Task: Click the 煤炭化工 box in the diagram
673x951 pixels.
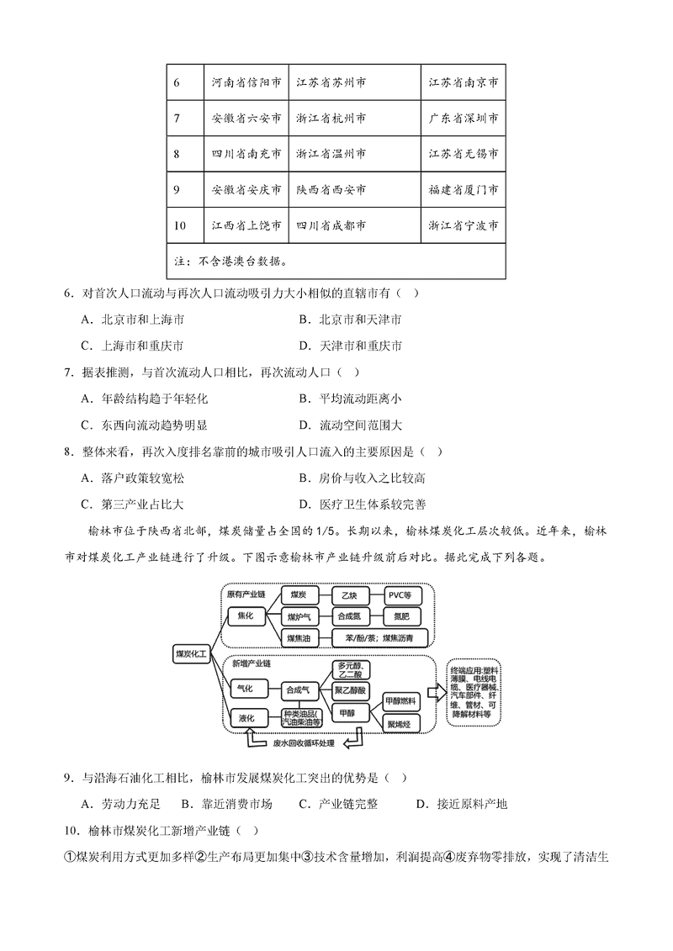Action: click(x=190, y=652)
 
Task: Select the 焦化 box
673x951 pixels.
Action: click(x=245, y=616)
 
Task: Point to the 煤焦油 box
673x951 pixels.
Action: click(x=298, y=639)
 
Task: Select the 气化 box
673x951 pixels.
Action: click(x=246, y=689)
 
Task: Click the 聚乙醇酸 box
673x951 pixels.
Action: click(x=349, y=689)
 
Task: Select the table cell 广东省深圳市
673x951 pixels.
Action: click(x=464, y=119)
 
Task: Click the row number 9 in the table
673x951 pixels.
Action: click(x=177, y=190)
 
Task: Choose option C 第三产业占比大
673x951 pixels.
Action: click(x=144, y=505)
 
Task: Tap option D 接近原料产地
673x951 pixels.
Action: click(x=462, y=804)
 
